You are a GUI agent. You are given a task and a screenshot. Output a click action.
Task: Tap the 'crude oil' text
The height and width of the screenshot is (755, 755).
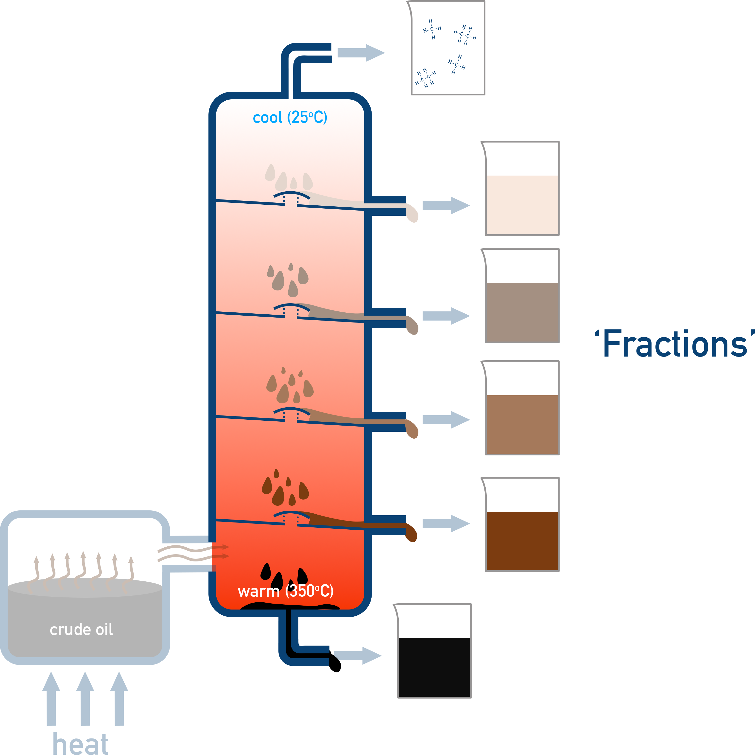pyautogui.click(x=81, y=629)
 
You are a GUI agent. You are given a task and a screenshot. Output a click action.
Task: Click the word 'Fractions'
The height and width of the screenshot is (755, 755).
pyautogui.click(x=675, y=344)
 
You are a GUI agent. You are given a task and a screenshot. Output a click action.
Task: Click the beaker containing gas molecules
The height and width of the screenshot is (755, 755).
pyautogui.click(x=447, y=48)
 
